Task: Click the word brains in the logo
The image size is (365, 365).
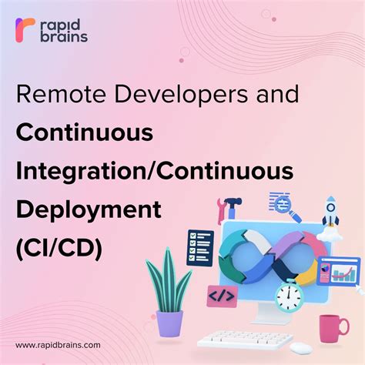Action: pos(65,35)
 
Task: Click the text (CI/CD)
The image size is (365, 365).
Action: pos(59,248)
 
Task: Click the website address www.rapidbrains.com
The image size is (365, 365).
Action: pos(58,345)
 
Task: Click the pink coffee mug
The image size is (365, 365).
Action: pos(333,326)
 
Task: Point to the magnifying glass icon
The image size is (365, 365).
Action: pos(284,204)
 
